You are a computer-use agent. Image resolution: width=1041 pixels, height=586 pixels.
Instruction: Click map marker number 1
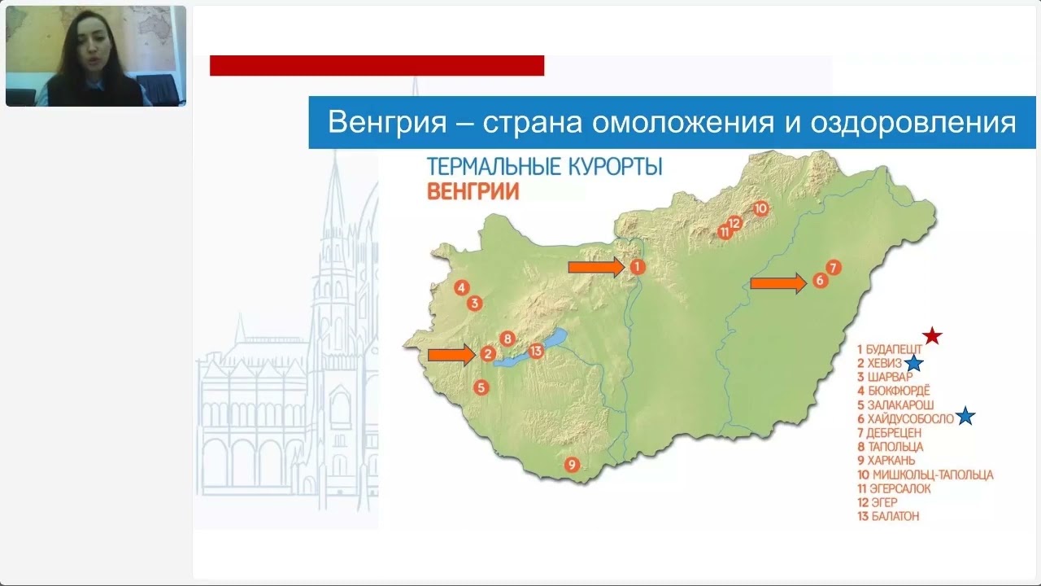point(637,267)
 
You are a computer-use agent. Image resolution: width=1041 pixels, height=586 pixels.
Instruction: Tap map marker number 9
point(572,464)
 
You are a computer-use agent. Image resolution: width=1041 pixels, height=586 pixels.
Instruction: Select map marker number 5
point(481,387)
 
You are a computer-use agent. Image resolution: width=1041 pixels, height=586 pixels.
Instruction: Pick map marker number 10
point(760,208)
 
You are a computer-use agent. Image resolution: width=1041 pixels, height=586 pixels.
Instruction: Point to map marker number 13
point(536,351)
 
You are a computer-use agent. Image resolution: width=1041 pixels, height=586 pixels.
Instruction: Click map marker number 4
point(461,288)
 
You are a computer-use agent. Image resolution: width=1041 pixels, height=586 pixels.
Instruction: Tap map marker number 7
point(834,268)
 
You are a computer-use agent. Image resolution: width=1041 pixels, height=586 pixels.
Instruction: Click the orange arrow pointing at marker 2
point(451,356)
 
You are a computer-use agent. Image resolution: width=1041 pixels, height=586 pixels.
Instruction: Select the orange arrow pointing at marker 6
point(778,283)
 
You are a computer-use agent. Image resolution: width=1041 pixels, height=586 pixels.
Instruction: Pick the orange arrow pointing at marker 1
point(596,267)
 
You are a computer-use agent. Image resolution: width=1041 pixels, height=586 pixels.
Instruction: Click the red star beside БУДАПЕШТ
point(932,336)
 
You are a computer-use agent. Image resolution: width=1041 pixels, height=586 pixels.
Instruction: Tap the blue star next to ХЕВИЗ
point(913,363)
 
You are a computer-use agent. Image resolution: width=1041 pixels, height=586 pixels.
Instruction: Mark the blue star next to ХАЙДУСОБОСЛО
point(965,416)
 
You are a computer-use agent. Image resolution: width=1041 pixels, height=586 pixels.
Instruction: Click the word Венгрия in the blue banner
point(387,122)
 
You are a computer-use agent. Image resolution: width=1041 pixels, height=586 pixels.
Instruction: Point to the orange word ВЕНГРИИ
point(473,191)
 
